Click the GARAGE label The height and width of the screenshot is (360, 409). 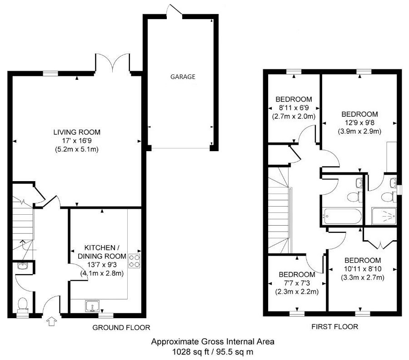pos(183,77)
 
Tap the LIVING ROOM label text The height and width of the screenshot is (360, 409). pos(77,132)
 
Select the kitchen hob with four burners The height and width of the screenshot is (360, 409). pos(135,261)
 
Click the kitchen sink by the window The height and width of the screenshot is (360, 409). pos(92,306)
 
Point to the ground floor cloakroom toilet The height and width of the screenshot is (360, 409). pos(23,305)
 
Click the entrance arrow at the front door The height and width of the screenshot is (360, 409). pos(52,321)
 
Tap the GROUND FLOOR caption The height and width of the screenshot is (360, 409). pos(121,327)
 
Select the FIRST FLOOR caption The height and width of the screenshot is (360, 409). pos(334,326)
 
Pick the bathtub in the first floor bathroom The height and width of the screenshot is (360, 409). pos(342,216)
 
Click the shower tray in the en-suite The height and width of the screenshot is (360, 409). pos(384,216)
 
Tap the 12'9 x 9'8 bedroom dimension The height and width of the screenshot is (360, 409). pos(359,123)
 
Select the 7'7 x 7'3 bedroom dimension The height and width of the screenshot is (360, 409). pos(297,283)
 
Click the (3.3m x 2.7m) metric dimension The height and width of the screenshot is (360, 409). pos(363,277)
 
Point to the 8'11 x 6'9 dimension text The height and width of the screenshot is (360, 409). pos(294,108)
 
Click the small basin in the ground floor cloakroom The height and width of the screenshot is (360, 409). pos(22,266)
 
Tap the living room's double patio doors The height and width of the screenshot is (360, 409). pos(112,63)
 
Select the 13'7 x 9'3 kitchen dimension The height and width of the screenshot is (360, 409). pos(102,265)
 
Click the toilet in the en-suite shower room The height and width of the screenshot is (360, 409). pos(388,197)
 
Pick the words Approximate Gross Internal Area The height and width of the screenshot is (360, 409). pos(213,341)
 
